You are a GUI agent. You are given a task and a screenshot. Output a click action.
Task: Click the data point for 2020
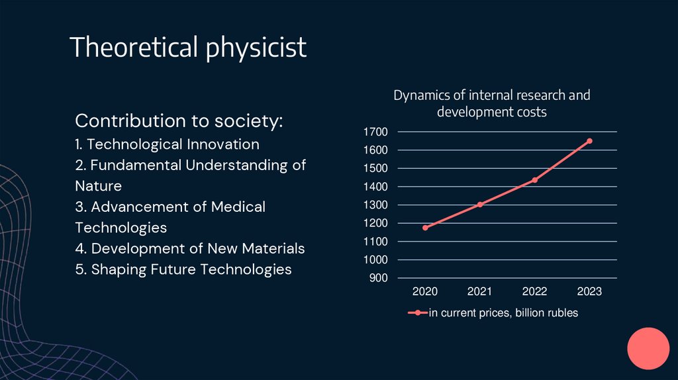425,228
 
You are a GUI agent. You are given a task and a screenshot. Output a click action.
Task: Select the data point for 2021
480,205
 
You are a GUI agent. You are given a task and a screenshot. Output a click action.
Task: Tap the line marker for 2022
534,180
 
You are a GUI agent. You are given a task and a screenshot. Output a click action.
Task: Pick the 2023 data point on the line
589,141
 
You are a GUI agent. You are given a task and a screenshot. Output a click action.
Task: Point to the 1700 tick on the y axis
375,132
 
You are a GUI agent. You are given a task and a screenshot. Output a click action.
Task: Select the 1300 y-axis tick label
375,205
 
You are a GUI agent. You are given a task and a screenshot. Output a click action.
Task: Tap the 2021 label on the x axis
479,291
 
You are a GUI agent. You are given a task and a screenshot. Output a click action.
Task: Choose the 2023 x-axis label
589,291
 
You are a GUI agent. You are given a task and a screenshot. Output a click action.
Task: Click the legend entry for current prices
493,313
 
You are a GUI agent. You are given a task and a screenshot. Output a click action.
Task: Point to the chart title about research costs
491,103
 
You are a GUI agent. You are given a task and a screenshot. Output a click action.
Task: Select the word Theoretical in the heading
134,48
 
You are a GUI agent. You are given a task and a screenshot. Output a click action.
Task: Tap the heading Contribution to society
179,121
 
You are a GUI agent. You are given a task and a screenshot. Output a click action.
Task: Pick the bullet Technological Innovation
167,144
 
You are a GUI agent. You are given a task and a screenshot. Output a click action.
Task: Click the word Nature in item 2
99,186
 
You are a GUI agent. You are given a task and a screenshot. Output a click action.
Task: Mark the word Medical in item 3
238,207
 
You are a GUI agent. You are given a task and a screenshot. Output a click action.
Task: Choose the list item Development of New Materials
190,248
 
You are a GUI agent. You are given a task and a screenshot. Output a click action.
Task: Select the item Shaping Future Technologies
183,269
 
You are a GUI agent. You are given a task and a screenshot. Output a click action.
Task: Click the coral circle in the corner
649,348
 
